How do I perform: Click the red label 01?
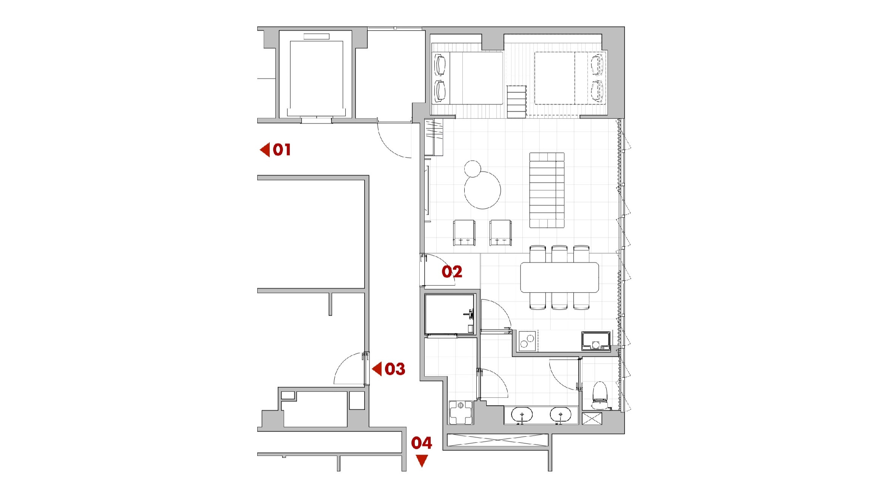282,150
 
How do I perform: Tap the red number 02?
452,272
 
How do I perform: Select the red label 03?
395,369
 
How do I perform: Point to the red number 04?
422,443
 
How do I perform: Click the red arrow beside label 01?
265,150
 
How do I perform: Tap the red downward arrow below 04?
422,461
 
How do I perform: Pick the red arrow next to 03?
377,369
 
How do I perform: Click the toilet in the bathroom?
600,395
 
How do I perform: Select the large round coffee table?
482,190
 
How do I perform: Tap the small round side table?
473,168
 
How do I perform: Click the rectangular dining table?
559,278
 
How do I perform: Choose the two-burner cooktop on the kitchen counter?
528,341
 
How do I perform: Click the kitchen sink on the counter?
596,341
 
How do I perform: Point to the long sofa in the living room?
547,190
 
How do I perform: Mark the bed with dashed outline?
570,78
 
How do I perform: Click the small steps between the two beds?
516,102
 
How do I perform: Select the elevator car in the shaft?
316,79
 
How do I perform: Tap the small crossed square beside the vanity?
592,419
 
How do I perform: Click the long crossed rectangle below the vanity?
497,440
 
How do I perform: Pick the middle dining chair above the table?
559,254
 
